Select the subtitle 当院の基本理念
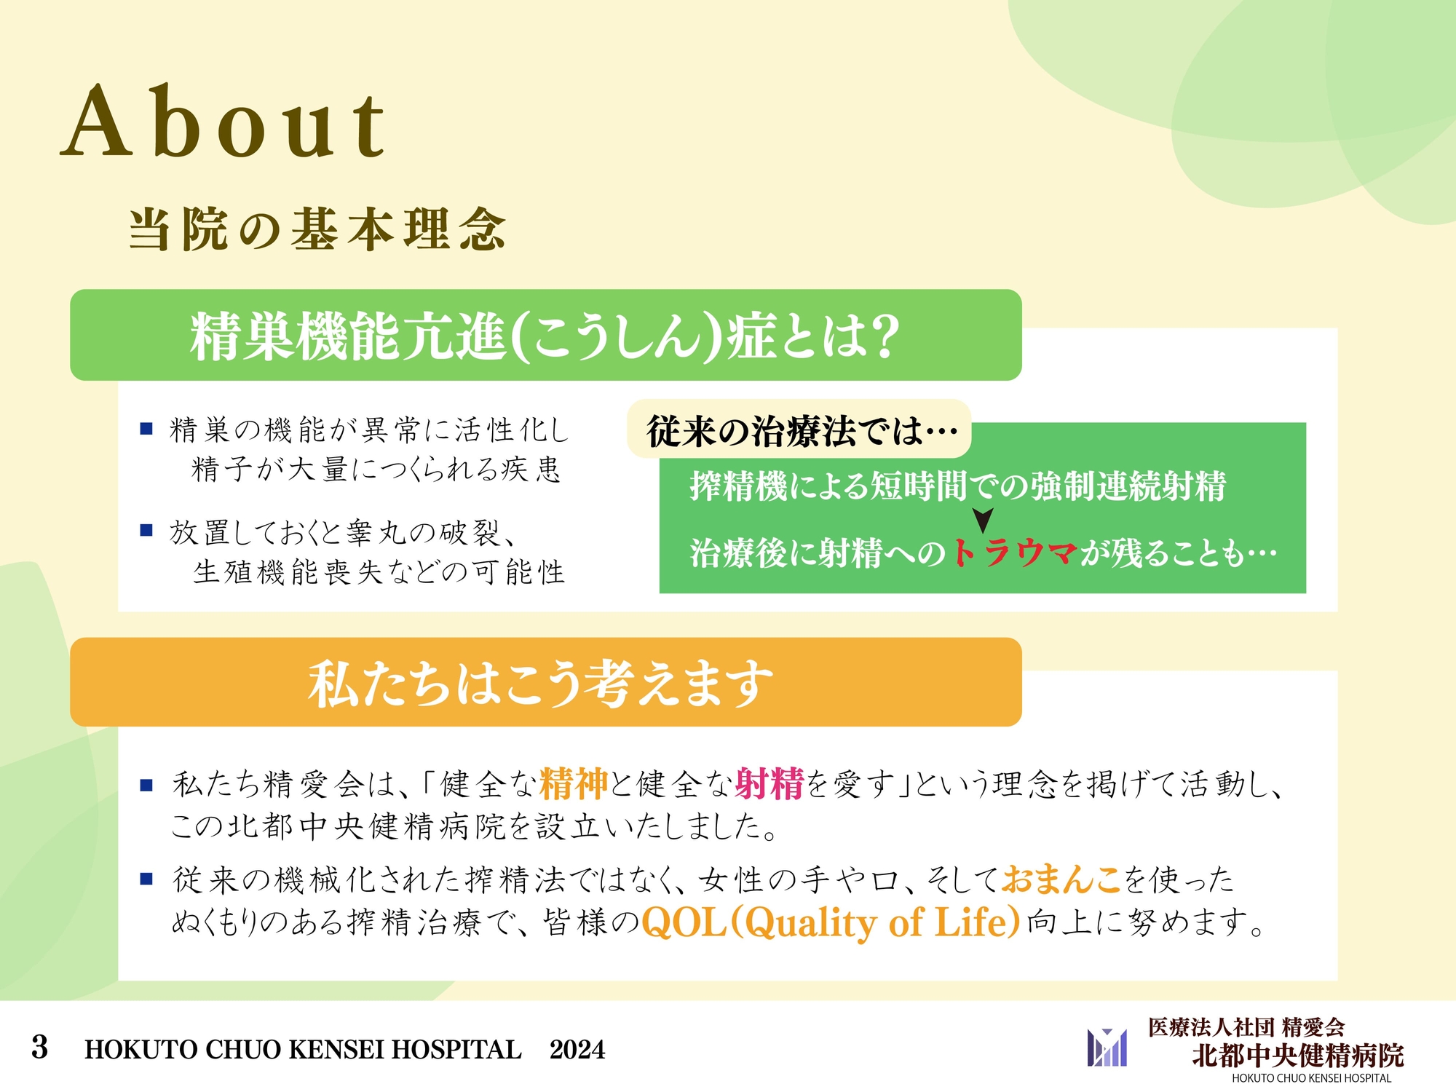coord(317,229)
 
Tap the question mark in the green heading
coord(885,336)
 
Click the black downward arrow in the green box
coord(983,520)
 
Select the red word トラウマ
coord(1014,553)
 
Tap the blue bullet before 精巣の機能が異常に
coord(146,429)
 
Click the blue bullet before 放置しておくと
coord(146,530)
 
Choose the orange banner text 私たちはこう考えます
coord(540,684)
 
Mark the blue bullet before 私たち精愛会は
coord(146,785)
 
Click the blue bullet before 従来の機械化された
coord(146,879)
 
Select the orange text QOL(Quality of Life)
coord(831,922)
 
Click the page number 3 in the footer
coord(40,1048)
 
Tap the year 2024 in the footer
coord(577,1050)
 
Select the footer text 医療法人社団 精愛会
coord(1246,1027)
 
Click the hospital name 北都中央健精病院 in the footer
coord(1297,1055)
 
